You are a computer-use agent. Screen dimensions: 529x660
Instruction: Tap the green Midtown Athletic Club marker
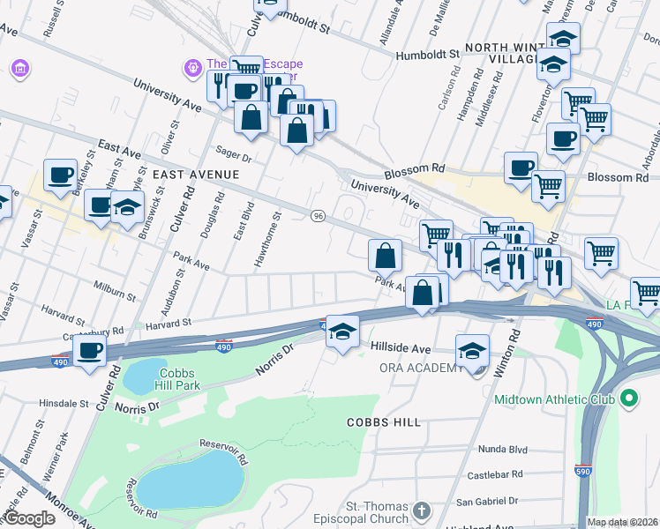point(629,399)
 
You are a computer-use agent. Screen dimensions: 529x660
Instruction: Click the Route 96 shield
point(319,216)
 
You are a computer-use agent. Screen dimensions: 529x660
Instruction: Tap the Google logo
point(28,518)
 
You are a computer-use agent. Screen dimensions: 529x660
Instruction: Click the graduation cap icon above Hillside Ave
point(343,332)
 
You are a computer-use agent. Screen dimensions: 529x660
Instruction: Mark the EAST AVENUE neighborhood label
point(195,175)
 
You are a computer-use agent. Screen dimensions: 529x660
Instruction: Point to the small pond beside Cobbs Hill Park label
point(139,378)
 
